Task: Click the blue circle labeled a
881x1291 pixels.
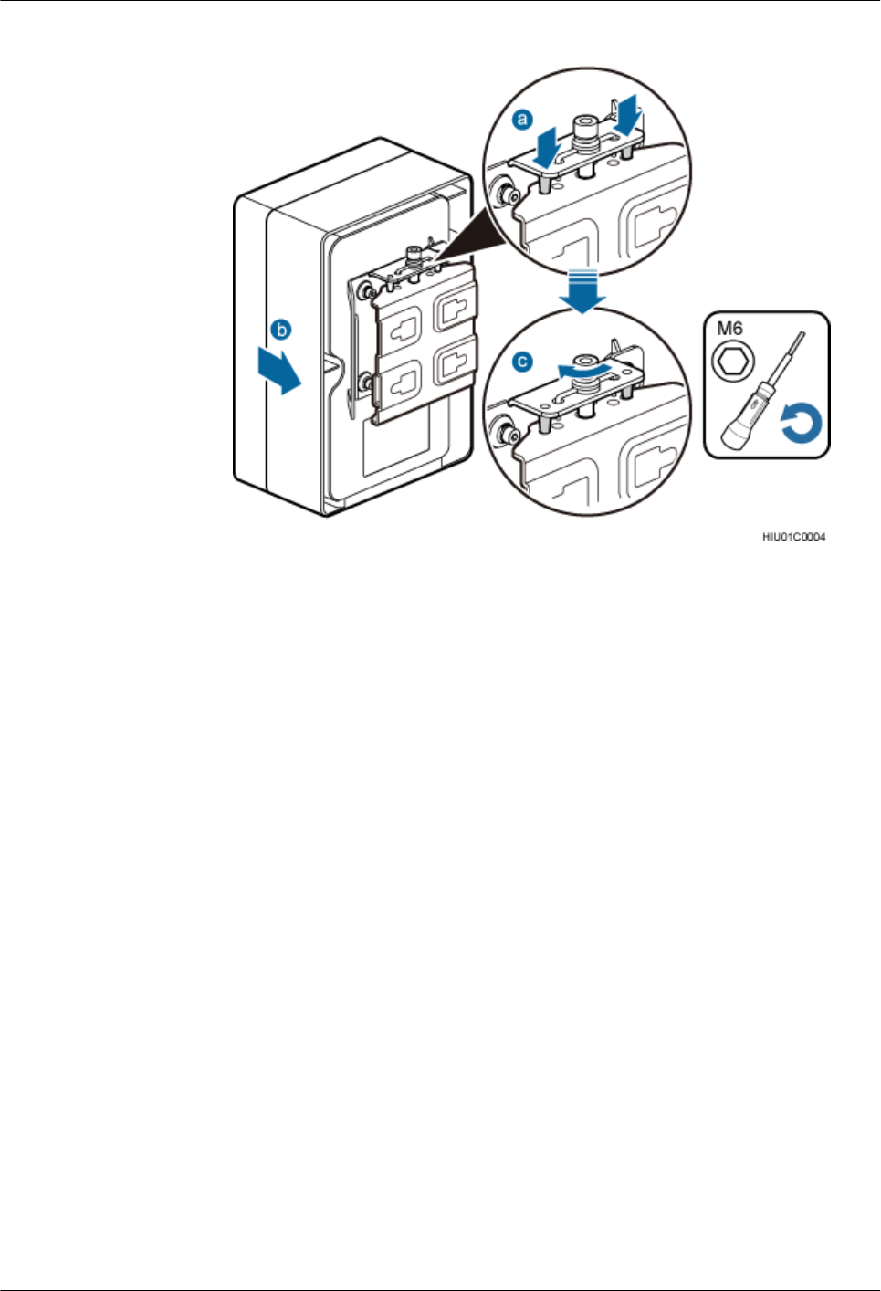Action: (522, 119)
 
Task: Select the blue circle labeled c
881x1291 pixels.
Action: (522, 362)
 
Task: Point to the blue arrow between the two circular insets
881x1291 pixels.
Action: (582, 291)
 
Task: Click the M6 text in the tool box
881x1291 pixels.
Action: (729, 329)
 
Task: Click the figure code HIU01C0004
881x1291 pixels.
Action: (793, 537)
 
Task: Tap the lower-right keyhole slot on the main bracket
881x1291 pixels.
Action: (455, 362)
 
